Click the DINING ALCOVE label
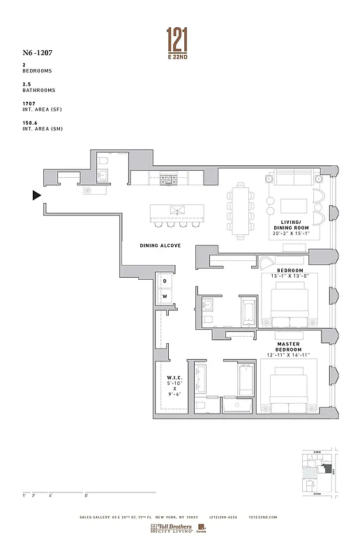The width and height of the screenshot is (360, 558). pos(160,246)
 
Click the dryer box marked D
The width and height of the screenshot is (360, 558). pos(165,282)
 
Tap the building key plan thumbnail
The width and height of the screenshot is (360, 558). pos(318,472)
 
